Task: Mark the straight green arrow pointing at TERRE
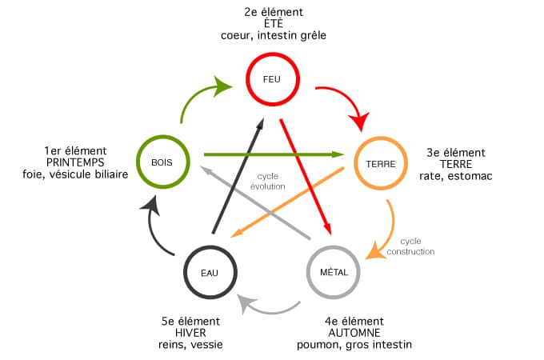tap(274, 154)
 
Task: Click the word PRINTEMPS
tap(75, 162)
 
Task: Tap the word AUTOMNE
tap(354, 333)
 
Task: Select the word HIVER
tap(190, 333)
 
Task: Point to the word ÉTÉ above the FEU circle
tap(274, 23)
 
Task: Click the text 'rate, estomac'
tap(455, 176)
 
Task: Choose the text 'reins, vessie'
tap(190, 345)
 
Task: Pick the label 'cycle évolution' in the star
tap(267, 182)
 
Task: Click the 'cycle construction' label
tap(410, 246)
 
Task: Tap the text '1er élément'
tap(75, 151)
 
